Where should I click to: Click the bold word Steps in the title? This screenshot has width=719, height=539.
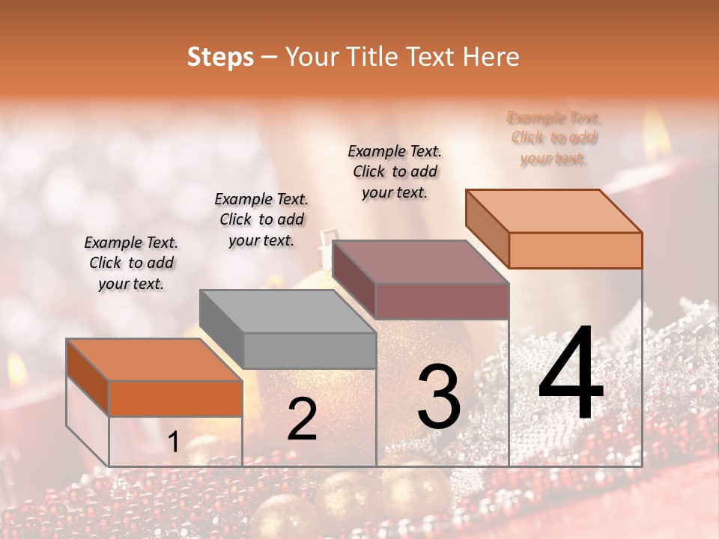coord(220,57)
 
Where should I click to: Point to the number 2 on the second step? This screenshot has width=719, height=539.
coord(302,419)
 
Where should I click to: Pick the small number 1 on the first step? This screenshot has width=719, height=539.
coord(173,442)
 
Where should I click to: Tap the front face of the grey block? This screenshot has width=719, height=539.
coord(309,350)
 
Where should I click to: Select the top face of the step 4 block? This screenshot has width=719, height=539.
coord(554,210)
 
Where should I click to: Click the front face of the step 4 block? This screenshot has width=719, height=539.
coord(575,250)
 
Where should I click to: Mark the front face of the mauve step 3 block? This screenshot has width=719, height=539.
coord(442,301)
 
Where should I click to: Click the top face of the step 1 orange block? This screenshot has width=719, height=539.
coord(154,359)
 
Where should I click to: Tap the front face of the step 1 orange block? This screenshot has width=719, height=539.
coord(175,398)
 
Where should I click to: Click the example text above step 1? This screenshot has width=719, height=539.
coord(131,264)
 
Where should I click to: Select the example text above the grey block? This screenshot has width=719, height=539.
coord(261,220)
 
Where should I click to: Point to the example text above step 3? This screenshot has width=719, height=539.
coord(395,171)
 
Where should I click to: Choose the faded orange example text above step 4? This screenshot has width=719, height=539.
coord(553,138)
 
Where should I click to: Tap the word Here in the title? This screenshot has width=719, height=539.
coord(491,57)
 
